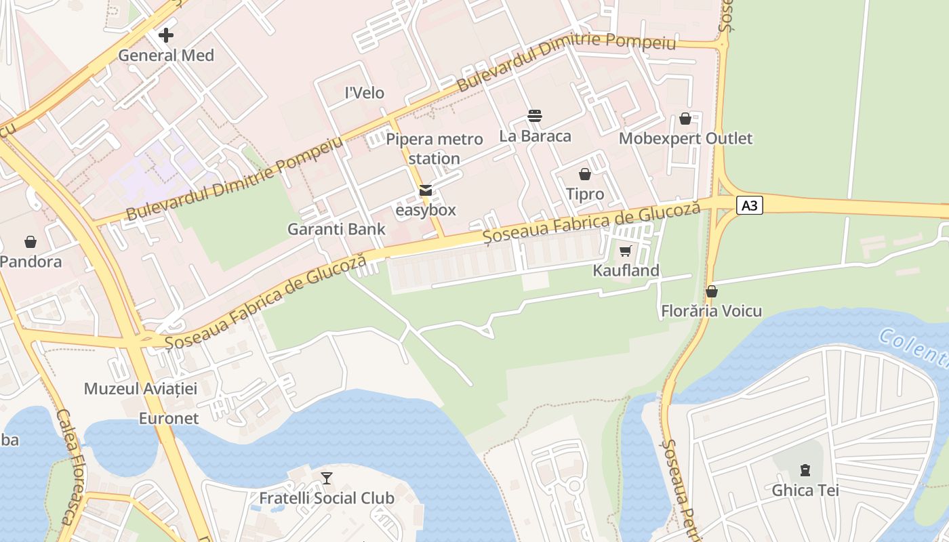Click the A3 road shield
pos(749,205)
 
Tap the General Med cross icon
pos(166,35)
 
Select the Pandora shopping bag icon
pos(31,241)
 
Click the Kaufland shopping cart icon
pos(625,251)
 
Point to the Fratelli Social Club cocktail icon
pos(327,478)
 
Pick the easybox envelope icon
pos(426,190)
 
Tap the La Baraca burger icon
pos(535,116)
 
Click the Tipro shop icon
pos(585,174)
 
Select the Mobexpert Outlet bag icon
pos(685,119)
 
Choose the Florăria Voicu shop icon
pos(712,291)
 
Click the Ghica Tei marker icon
pos(805,470)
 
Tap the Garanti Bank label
pos(336,229)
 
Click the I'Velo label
pos(365,93)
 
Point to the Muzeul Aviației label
pos(140,388)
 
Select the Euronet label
pos(169,418)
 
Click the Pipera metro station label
pos(435,149)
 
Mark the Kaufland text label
pos(626,271)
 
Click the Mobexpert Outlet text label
pos(685,138)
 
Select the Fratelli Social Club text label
pos(327,498)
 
